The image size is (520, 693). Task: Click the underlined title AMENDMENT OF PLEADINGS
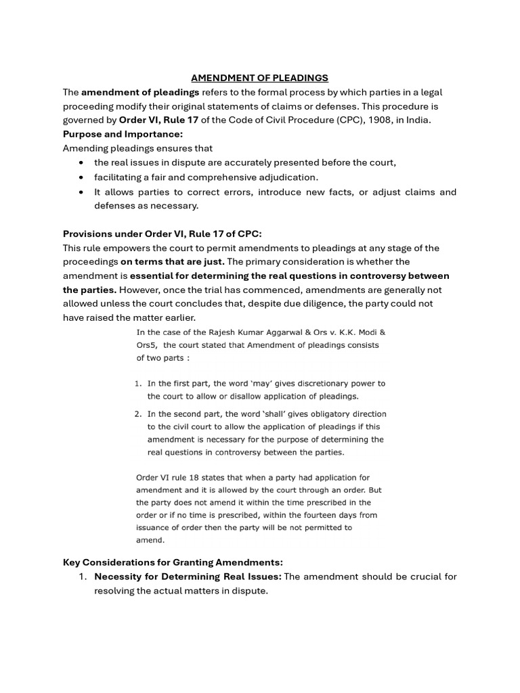pyautogui.click(x=259, y=78)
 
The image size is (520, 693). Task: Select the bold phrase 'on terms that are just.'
pyautogui.click(x=173, y=261)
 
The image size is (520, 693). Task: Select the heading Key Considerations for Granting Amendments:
pyautogui.click(x=173, y=562)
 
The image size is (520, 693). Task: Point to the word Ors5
pyautogui.click(x=148, y=345)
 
